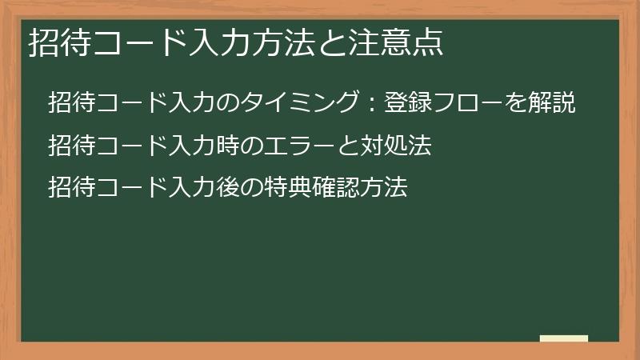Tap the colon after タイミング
click(369, 105)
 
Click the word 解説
click(553, 104)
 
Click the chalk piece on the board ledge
click(564, 338)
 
